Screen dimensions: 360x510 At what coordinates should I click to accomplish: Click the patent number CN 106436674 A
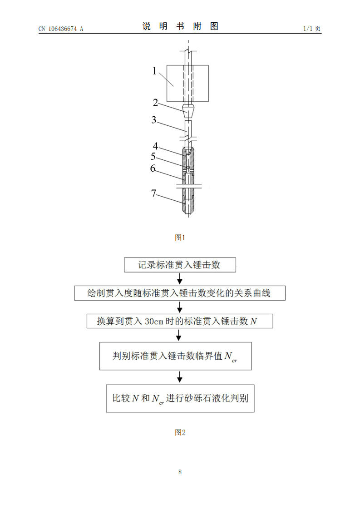61,29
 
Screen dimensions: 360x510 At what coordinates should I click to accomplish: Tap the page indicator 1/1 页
312,29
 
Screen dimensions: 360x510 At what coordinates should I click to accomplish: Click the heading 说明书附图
180,26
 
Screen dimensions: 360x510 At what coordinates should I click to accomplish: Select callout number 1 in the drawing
154,70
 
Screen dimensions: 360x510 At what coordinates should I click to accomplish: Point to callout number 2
155,103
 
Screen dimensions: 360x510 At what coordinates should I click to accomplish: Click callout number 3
154,120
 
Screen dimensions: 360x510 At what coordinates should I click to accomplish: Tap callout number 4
155,146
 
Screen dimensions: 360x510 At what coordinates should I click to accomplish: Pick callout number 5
153,156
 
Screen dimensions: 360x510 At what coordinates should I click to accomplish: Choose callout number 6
153,168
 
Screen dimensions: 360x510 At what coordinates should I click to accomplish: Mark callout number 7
154,193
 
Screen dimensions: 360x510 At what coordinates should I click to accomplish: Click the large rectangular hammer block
187,84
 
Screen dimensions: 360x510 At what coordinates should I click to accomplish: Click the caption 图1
180,238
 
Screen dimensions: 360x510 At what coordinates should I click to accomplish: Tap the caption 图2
180,433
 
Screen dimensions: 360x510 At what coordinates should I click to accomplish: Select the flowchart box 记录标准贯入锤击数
180,265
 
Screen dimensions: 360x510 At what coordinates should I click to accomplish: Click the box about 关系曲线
180,293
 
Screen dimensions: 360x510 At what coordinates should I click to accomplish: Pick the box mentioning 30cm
180,321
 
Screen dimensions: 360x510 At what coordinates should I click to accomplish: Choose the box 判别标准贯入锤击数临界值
176,356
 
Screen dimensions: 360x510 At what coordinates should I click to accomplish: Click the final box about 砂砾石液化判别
180,399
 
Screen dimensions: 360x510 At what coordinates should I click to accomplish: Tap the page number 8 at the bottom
180,472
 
